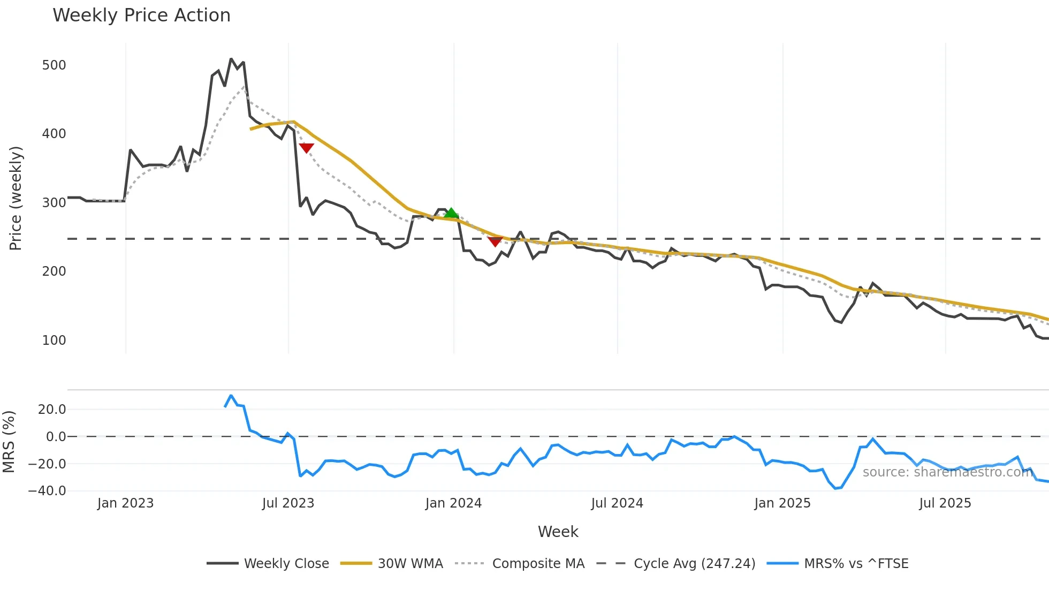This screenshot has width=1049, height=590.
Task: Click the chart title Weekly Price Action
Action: (x=141, y=16)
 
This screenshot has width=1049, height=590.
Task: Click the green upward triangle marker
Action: (x=451, y=213)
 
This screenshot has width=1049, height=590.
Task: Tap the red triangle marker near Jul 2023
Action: (x=306, y=148)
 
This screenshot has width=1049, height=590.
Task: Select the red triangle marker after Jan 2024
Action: (x=495, y=242)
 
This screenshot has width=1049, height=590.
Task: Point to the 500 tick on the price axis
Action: (x=54, y=65)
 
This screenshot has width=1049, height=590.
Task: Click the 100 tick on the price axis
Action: (x=54, y=341)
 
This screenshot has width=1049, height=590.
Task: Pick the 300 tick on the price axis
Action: (x=54, y=203)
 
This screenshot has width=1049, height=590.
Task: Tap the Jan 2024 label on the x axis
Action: (x=453, y=503)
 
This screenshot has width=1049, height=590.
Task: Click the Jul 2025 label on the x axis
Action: (x=945, y=503)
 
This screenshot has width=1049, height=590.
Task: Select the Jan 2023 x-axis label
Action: (x=125, y=503)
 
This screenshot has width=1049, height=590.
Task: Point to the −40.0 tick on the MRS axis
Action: (x=47, y=491)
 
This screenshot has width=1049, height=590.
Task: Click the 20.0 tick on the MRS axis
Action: (x=52, y=410)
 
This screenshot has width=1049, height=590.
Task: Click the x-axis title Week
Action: (x=558, y=532)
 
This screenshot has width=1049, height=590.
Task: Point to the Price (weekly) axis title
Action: (x=16, y=198)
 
